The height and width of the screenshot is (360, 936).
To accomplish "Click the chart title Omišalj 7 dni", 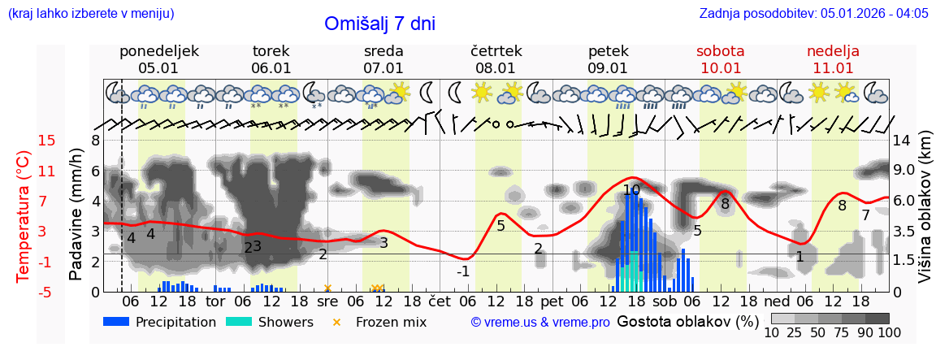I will tap(379, 24).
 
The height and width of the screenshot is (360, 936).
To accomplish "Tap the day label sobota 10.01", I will tap(720, 59).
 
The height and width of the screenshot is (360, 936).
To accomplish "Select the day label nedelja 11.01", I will tap(833, 59).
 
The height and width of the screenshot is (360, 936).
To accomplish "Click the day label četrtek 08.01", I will tap(496, 59).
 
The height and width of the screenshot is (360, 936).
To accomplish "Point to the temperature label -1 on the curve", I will tap(462, 271).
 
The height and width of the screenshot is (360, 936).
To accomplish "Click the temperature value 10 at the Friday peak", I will tap(631, 190).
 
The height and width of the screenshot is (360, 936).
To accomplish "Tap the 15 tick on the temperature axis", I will tap(46, 141).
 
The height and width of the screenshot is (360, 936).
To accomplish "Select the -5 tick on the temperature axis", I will tap(46, 292).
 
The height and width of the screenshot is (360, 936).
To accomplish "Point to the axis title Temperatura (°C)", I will tap(24, 216).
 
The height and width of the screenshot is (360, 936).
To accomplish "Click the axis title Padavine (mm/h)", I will tap(76, 215).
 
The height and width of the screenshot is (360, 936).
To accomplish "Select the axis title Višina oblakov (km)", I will tap(925, 216).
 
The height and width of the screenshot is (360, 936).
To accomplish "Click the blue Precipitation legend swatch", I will tap(116, 322).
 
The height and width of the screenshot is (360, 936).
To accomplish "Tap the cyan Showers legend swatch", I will tap(238, 322).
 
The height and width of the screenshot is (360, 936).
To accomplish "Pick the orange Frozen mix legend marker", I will tap(337, 322).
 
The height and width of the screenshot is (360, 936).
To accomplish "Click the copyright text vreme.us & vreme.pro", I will tap(540, 323).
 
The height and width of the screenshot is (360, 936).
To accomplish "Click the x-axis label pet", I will tap(552, 301).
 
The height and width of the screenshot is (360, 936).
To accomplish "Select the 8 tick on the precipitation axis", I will tap(95, 141).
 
